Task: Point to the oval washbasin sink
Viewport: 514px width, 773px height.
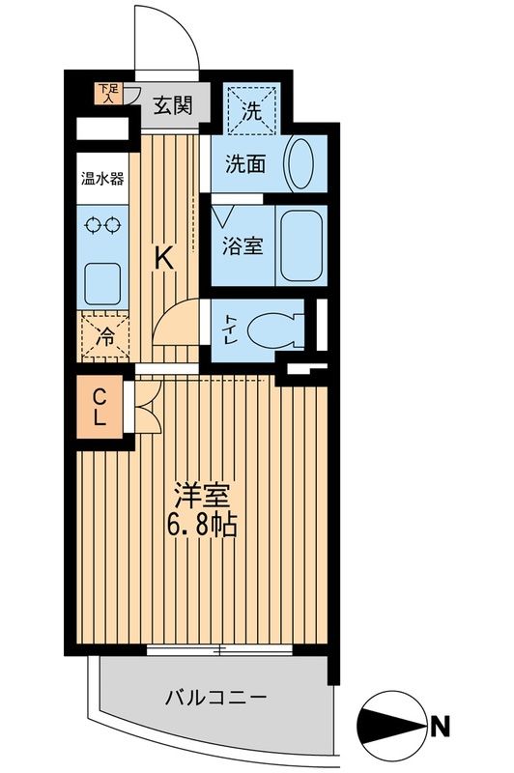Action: point(300,164)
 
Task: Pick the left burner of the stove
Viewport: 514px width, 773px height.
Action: point(92,226)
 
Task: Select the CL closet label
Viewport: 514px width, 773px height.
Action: point(100,407)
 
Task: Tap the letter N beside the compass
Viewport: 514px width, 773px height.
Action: point(440,721)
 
